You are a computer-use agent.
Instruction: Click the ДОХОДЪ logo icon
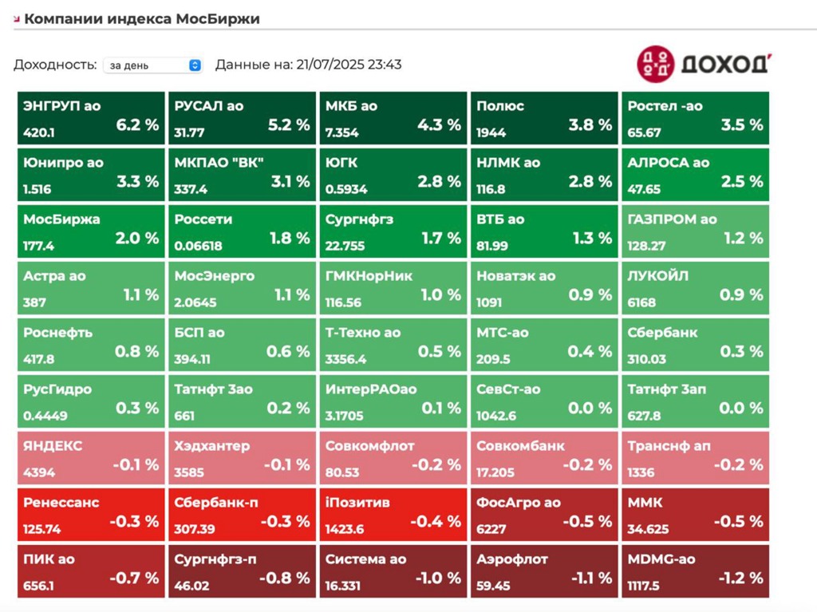click(x=656, y=63)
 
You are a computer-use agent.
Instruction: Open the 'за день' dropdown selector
click(x=152, y=65)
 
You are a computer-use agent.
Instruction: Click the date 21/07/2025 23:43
click(x=349, y=65)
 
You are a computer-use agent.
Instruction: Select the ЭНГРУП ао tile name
click(x=62, y=106)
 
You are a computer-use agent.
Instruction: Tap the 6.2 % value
click(x=137, y=124)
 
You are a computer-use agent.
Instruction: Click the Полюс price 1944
click(x=491, y=132)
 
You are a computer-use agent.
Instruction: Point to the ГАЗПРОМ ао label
click(x=672, y=219)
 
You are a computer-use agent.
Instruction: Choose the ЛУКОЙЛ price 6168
click(x=641, y=302)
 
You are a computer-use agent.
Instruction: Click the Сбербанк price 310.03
click(x=646, y=359)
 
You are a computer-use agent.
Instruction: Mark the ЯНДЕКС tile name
click(x=53, y=446)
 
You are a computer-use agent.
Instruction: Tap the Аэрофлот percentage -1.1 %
click(x=591, y=578)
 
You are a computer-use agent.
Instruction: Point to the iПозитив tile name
click(x=357, y=503)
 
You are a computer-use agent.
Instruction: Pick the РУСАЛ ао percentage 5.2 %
click(x=289, y=124)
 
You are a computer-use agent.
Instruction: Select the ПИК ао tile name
click(x=49, y=559)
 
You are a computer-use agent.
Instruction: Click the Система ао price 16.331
click(x=343, y=586)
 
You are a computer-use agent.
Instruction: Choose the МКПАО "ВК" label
click(x=219, y=163)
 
